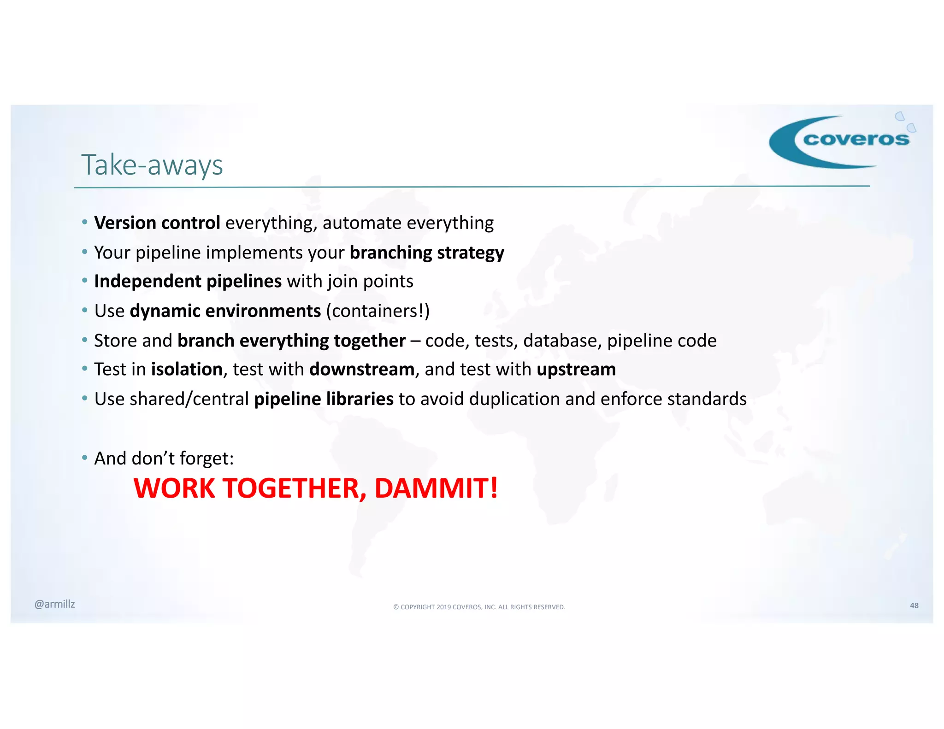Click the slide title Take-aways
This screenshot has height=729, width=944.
point(152,165)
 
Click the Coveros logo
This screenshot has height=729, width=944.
point(841,141)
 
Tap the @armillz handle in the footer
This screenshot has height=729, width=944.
point(54,604)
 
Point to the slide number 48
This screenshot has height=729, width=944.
point(914,606)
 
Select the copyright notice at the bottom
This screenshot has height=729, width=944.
point(479,607)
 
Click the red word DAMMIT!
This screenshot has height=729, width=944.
point(436,488)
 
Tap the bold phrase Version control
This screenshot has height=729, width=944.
point(157,223)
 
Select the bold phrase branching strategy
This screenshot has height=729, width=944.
point(427,253)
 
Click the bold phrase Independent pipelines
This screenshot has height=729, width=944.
point(188,282)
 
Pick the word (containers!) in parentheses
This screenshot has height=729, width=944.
point(378,311)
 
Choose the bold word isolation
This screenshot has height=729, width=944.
point(187,370)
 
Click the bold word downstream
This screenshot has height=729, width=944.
point(362,370)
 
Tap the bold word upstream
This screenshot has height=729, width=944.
point(576,370)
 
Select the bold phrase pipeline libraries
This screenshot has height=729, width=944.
point(324,399)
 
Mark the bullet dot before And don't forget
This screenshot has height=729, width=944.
point(84,458)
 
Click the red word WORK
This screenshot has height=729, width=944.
point(174,488)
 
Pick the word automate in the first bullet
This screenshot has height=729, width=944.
point(362,223)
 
